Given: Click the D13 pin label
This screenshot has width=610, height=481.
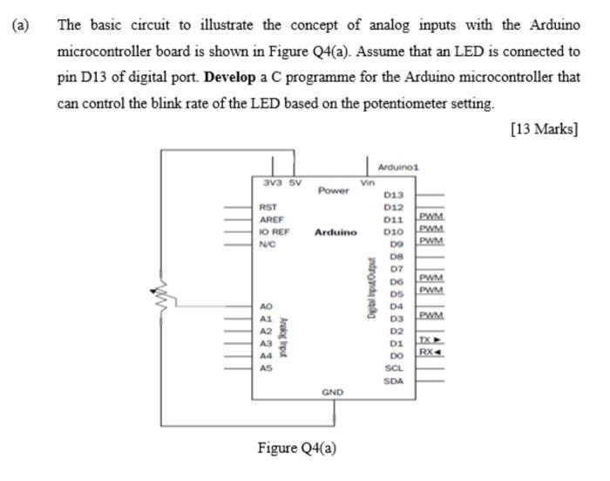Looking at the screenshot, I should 393,195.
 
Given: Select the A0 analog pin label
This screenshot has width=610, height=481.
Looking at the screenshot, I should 266,306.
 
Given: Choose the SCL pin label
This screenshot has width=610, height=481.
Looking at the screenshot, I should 394,368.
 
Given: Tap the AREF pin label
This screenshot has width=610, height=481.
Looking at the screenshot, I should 271,220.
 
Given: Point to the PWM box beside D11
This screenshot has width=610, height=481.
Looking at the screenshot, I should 431,216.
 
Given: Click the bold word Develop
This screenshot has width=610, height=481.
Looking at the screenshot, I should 228,77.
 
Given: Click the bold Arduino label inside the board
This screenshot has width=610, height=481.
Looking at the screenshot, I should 335,232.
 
